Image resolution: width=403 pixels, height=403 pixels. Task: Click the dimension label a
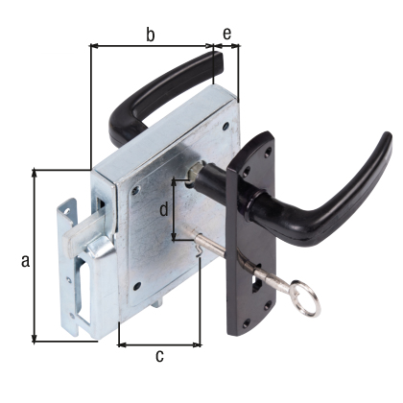[26, 260]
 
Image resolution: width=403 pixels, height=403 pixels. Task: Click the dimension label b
[151, 35]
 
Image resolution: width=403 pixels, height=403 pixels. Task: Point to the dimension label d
[164, 208]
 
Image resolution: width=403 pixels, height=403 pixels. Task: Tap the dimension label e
[226, 35]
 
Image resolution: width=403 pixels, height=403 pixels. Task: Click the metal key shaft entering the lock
[235, 251]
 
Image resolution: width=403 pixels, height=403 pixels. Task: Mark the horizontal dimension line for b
[151, 45]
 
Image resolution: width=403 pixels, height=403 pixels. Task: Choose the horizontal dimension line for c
[159, 344]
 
